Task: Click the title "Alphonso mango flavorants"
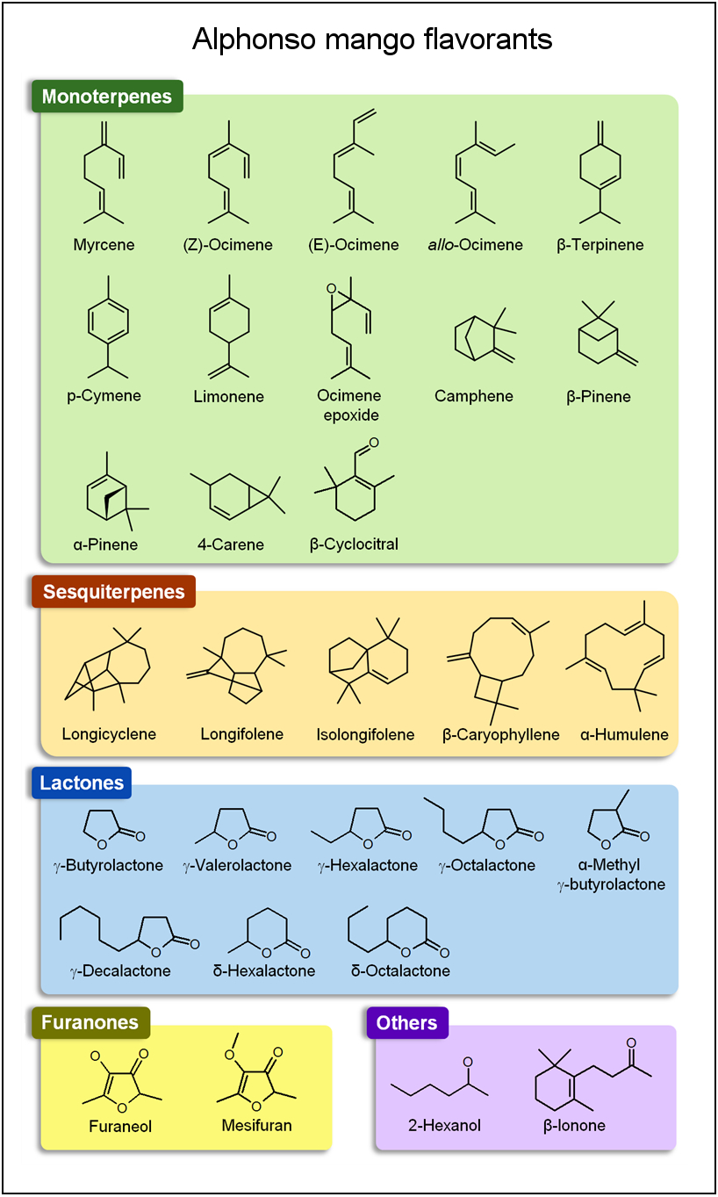point(372,40)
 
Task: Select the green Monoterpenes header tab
point(107,97)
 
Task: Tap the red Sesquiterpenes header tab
point(114,592)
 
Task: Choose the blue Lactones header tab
point(82,782)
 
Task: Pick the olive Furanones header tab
point(90,1022)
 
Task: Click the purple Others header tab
point(407,1022)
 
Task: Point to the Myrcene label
point(104,245)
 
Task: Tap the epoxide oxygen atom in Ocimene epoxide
point(331,289)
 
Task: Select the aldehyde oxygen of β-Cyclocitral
point(374,443)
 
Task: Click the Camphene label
point(474,396)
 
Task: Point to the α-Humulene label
point(624,734)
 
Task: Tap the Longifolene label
point(242,733)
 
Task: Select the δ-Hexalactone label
point(264,970)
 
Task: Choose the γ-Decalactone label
point(120,970)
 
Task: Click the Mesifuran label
point(257,1125)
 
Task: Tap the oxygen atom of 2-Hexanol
point(468,1062)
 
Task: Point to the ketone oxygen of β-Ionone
point(631,1042)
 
